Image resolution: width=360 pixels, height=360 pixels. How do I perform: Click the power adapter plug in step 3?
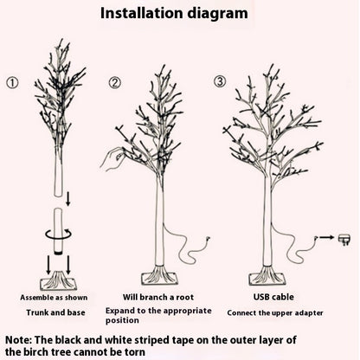coord(345,238)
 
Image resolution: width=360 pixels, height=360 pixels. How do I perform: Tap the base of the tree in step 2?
coord(159,277)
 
